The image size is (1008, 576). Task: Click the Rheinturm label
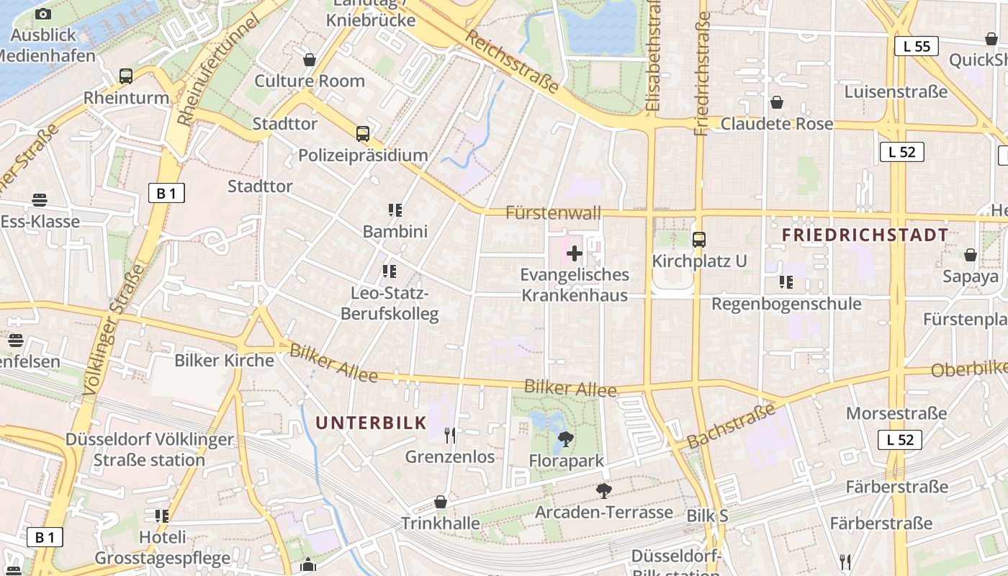click(x=126, y=97)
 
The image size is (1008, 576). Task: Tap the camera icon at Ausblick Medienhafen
click(x=43, y=14)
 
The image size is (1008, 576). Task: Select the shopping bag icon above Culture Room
click(x=310, y=60)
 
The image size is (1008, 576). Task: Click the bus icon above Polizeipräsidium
click(x=363, y=134)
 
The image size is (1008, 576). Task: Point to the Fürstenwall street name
click(x=553, y=213)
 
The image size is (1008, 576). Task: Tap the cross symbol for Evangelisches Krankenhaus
click(x=575, y=253)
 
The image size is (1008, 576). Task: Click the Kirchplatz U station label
click(x=699, y=261)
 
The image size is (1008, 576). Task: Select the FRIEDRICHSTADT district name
click(x=865, y=235)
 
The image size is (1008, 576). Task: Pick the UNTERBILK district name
click(x=372, y=423)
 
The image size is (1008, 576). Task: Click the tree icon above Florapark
click(x=566, y=438)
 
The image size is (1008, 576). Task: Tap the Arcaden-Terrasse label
click(x=604, y=512)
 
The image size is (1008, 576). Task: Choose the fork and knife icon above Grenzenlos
click(x=450, y=435)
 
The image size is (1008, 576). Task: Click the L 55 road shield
click(x=916, y=47)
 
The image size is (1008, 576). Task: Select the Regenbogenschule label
click(x=786, y=303)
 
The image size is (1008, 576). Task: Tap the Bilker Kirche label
click(x=224, y=360)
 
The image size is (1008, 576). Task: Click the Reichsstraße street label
click(x=512, y=61)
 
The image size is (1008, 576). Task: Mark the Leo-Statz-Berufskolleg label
click(x=390, y=304)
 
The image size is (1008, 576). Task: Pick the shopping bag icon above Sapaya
click(x=971, y=255)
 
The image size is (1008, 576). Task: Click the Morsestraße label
click(x=896, y=413)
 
